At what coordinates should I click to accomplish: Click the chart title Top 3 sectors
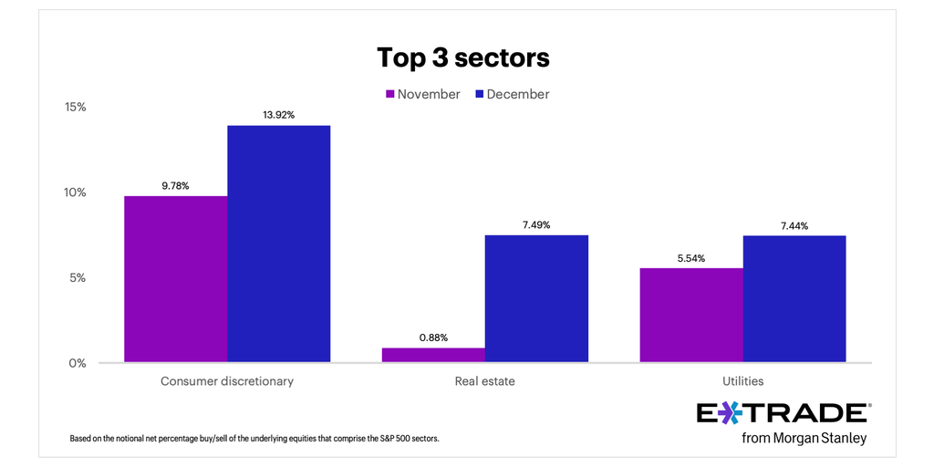pos(463,57)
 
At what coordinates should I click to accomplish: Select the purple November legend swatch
pos(389,94)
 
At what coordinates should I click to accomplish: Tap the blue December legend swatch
pos(478,94)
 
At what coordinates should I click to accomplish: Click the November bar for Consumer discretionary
pos(176,279)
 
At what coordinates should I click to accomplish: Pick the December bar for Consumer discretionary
pos(278,244)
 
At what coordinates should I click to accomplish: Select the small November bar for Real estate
pos(433,355)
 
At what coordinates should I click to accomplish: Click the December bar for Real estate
pos(536,298)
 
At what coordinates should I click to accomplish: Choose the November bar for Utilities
pos(691,315)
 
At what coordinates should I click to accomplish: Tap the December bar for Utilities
pos(794,298)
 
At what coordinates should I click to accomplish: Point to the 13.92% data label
pos(278,115)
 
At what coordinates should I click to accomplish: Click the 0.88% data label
pos(433,337)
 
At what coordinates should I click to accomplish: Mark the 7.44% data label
pos(794,225)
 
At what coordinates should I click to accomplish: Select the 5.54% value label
pos(691,258)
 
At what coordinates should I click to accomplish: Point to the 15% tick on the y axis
pos(75,107)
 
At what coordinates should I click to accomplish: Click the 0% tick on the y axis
pos(78,363)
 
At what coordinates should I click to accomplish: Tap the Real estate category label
pos(484,381)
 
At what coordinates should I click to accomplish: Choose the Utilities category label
pos(742,381)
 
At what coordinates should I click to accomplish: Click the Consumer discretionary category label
pos(227,381)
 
